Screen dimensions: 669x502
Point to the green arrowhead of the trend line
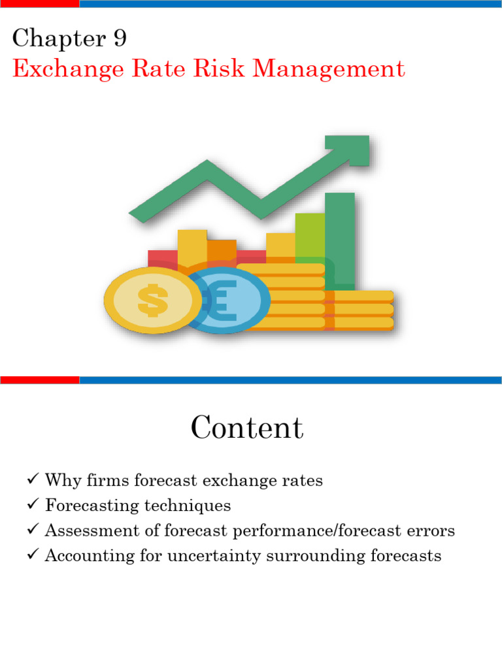coord(350,150)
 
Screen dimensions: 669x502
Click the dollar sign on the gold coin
coord(153,301)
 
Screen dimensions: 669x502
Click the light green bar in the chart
coord(310,235)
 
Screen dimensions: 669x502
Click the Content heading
coord(247,429)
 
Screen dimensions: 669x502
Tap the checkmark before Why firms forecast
coord(33,480)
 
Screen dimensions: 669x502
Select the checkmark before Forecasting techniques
coord(33,505)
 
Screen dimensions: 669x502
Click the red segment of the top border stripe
coord(39,4)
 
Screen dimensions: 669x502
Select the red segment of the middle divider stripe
coord(39,380)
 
